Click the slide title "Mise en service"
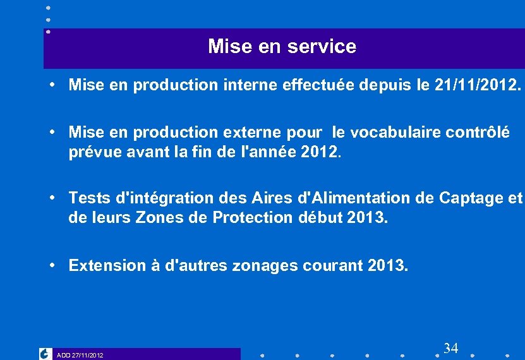282,47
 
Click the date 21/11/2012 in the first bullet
475,85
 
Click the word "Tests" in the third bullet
88,198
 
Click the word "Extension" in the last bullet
105,266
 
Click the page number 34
450,348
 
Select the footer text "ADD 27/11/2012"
80,356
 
